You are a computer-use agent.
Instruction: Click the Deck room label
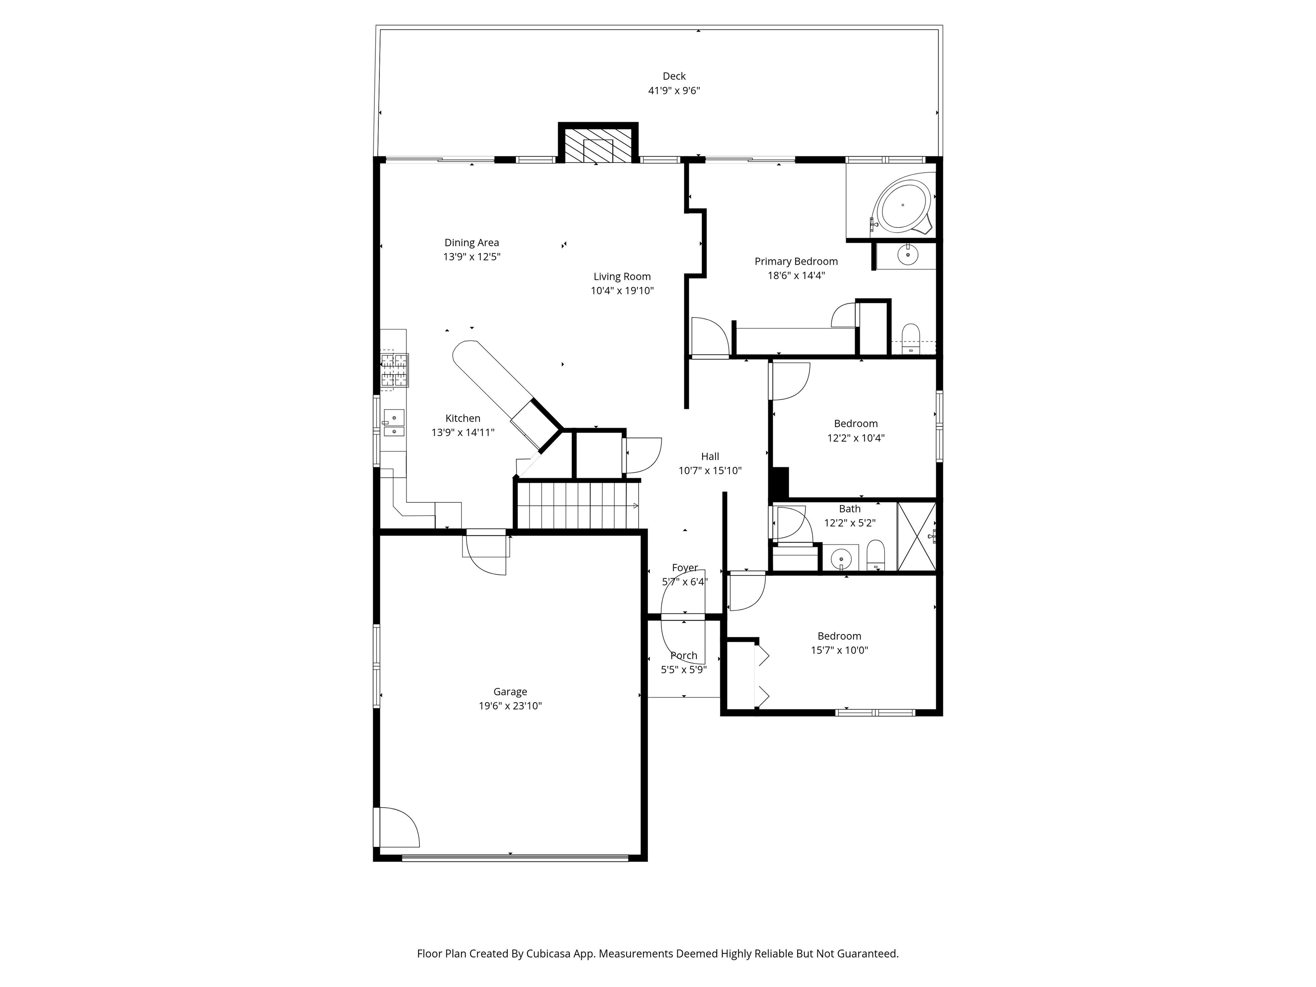[673, 76]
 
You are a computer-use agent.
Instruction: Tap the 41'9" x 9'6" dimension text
[673, 90]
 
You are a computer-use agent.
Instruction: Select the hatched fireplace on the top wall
[598, 144]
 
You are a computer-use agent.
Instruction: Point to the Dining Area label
[472, 243]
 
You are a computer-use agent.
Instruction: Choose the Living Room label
[622, 277]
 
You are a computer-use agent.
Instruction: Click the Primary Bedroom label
[796, 261]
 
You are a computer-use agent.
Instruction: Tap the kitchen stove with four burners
[395, 370]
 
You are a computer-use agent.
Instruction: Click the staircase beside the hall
[577, 505]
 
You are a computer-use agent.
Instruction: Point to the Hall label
[710, 457]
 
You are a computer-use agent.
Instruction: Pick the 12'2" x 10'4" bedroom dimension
[855, 438]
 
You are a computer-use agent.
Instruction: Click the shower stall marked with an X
[916, 537]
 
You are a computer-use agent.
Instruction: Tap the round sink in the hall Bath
[840, 559]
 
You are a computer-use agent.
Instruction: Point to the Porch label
[684, 655]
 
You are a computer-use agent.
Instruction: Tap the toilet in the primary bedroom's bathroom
[911, 339]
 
